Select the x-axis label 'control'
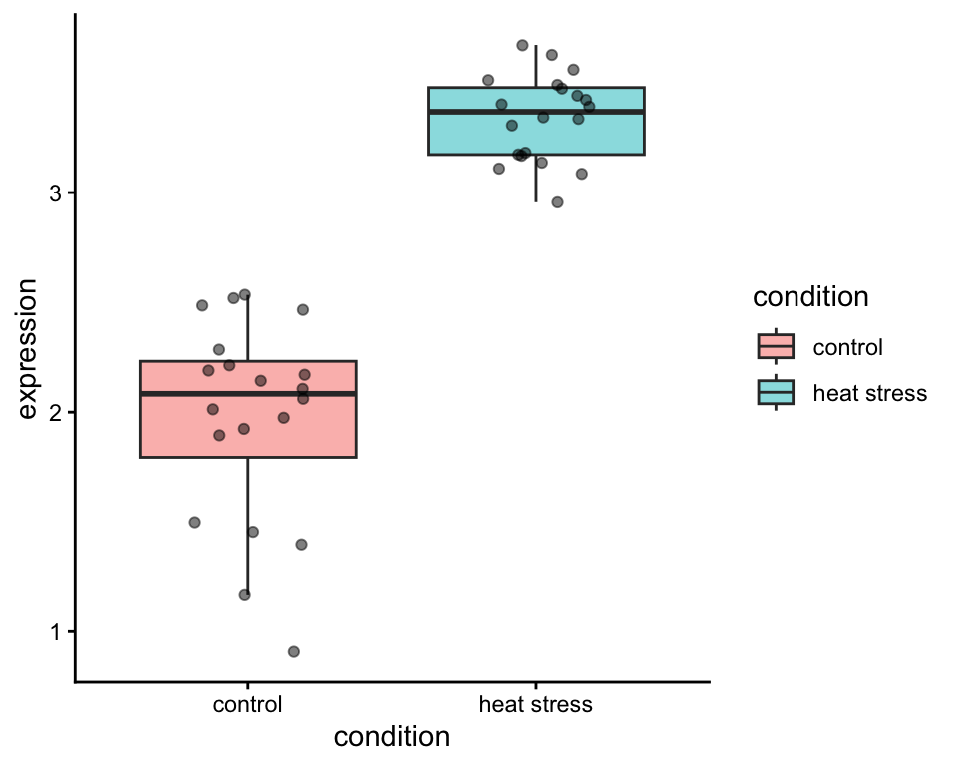pos(247,705)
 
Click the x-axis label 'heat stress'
pos(536,705)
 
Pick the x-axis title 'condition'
pos(392,737)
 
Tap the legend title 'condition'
pos(809,297)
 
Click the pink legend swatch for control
pos(776,347)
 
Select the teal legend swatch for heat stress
pos(776,393)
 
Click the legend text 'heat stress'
pos(870,393)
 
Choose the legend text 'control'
pos(848,347)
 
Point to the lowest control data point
pos(294,651)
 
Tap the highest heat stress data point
pos(522,45)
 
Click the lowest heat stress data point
pos(557,202)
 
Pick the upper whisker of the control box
pos(247,328)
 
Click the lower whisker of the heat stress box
pos(536,179)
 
